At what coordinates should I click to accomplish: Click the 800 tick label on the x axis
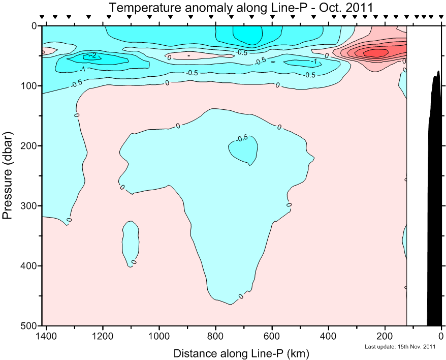(215, 336)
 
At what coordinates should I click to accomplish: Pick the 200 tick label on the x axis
(385, 336)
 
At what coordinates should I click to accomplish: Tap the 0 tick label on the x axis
(441, 336)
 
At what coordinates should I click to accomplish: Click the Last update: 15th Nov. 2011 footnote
(400, 347)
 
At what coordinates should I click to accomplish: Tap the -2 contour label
(92, 55)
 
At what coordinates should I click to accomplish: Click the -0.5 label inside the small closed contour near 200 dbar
(242, 138)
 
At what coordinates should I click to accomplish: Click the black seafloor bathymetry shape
(436, 203)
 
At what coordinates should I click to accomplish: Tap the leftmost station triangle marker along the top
(42, 17)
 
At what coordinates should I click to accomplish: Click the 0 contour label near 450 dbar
(241, 296)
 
